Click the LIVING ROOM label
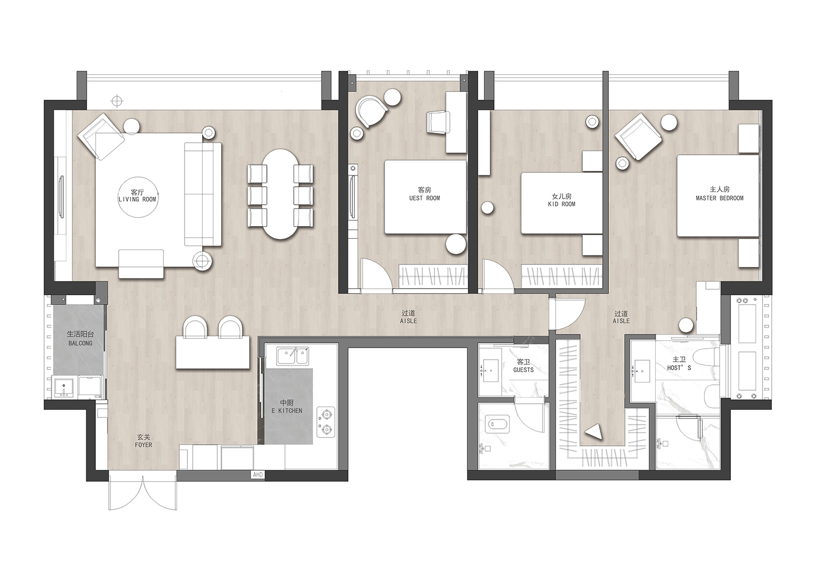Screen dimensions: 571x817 tap(137, 196)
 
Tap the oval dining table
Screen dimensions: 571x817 tap(281, 195)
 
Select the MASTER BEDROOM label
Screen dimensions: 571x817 tap(720, 194)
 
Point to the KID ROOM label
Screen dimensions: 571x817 tap(562, 200)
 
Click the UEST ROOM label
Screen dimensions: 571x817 tap(424, 194)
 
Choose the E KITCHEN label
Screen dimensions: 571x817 tap(287, 406)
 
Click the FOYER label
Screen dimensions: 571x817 tap(144, 441)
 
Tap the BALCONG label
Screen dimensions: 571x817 tap(80, 338)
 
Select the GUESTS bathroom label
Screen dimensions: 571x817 tap(523, 366)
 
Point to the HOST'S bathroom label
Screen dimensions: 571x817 tap(679, 363)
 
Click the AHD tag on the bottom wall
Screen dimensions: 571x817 tap(258, 475)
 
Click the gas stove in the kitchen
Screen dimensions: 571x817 tap(326, 422)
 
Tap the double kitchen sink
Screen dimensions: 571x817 tap(293, 356)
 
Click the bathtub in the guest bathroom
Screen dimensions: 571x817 tap(497, 423)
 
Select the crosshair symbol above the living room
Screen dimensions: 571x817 tap(116, 101)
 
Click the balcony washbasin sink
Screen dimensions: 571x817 tap(65, 387)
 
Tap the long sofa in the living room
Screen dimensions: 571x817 tap(203, 195)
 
